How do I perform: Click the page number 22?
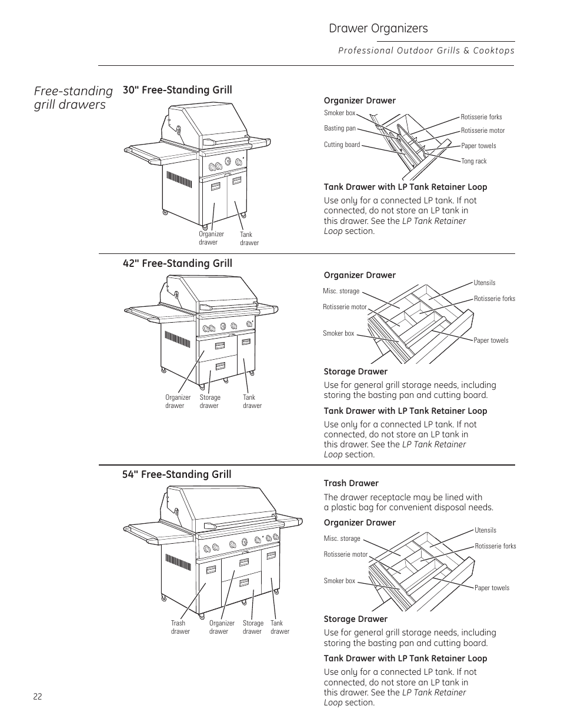pyautogui.click(x=38, y=696)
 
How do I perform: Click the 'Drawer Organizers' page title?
pyautogui.click(x=378, y=28)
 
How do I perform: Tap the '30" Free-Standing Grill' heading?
pyautogui.click(x=177, y=90)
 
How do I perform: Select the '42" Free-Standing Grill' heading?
pyautogui.click(x=177, y=263)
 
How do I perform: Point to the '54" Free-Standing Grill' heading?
pyautogui.click(x=176, y=474)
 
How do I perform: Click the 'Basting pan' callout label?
pyautogui.click(x=340, y=128)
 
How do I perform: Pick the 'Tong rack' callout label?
pyautogui.click(x=473, y=161)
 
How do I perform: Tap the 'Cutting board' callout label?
pyautogui.click(x=342, y=145)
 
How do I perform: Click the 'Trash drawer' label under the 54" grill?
pyautogui.click(x=180, y=627)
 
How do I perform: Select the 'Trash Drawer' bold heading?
pyautogui.click(x=351, y=483)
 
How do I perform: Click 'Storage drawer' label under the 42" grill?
pyautogui.click(x=209, y=402)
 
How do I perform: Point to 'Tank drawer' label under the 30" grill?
pyautogui.click(x=249, y=239)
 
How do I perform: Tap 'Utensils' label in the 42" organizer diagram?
pyautogui.click(x=485, y=283)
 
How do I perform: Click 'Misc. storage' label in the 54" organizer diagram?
pyautogui.click(x=342, y=538)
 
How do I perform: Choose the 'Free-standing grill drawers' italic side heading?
pyautogui.click(x=74, y=98)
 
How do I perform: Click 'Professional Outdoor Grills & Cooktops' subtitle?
pyautogui.click(x=426, y=51)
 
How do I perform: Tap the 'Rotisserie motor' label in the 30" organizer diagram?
pyautogui.click(x=482, y=131)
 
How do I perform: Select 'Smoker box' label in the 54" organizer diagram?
pyautogui.click(x=339, y=581)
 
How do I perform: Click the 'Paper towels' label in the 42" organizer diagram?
pyautogui.click(x=490, y=340)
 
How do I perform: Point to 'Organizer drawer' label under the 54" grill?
pyautogui.click(x=222, y=627)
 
